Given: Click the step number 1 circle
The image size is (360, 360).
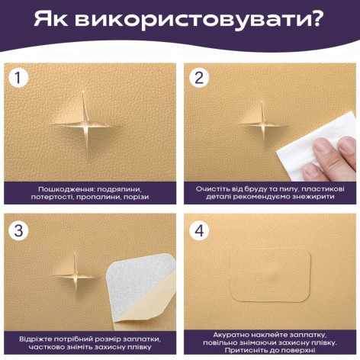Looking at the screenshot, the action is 18,78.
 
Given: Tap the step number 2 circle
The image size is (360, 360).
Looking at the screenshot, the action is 199,78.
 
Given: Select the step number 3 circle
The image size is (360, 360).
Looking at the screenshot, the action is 18,230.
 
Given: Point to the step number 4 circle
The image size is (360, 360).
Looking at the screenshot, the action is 199,230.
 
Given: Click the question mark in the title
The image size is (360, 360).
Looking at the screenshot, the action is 316,18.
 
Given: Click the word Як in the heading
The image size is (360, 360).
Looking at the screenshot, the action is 51,18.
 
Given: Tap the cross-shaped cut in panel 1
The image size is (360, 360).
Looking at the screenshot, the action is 85,126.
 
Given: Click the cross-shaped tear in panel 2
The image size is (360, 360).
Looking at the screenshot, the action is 263,125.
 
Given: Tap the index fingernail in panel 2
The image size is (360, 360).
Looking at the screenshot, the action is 322,146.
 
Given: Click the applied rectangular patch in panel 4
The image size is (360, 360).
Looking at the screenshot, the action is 270,276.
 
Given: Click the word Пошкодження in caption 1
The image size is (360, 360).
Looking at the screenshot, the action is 66,189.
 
